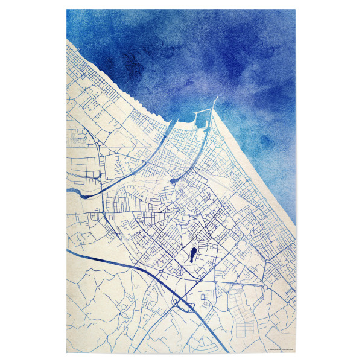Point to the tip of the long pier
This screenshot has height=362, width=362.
click(216, 98)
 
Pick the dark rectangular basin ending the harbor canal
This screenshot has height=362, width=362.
click(174, 179)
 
